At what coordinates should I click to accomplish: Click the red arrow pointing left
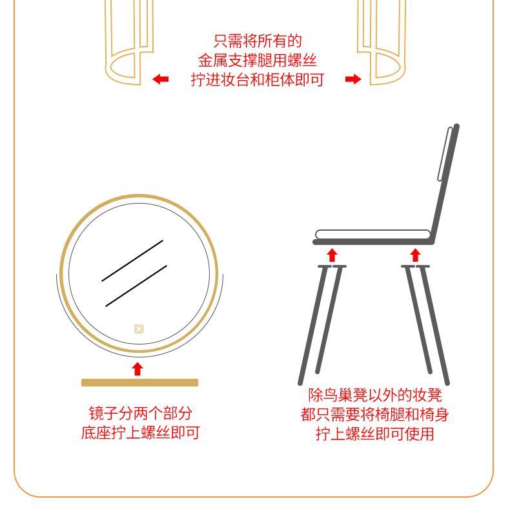click(x=161, y=79)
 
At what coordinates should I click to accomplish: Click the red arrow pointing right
click(x=353, y=79)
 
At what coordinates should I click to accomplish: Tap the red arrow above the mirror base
click(x=138, y=369)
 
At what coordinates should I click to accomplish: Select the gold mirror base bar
click(x=139, y=383)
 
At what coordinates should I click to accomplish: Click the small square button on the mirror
click(x=139, y=329)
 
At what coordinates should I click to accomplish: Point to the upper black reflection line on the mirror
click(x=132, y=261)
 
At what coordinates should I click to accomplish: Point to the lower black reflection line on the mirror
click(x=136, y=286)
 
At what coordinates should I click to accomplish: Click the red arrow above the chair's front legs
click(x=332, y=255)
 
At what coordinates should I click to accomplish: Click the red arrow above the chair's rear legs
click(x=416, y=255)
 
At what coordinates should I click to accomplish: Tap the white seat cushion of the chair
click(x=373, y=235)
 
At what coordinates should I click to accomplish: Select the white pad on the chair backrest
click(x=445, y=154)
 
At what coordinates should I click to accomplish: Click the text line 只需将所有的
click(x=258, y=41)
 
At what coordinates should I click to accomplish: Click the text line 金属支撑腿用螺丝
click(x=258, y=60)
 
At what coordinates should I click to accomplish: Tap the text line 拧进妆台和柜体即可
click(x=258, y=79)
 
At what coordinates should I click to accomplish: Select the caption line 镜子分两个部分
click(x=141, y=413)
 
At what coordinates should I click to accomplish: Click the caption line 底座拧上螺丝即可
click(x=140, y=432)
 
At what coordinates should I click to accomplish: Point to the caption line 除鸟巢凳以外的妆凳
click(x=375, y=395)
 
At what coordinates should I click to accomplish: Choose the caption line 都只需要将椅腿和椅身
click(x=374, y=414)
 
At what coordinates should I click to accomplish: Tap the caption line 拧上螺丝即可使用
click(x=375, y=434)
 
